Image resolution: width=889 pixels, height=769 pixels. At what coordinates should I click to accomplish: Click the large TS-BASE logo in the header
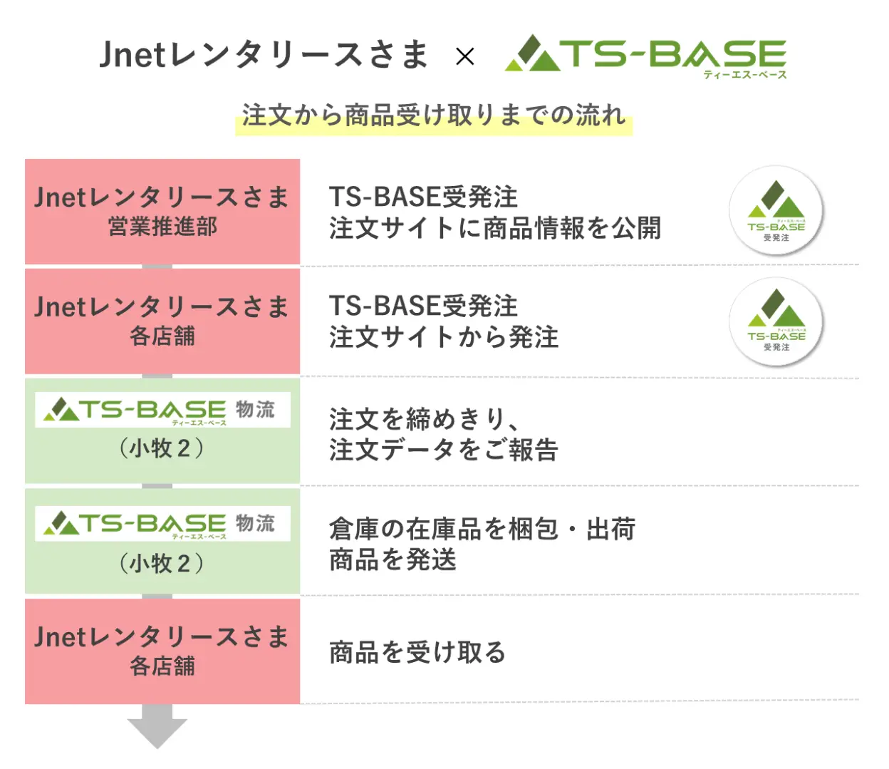point(645,56)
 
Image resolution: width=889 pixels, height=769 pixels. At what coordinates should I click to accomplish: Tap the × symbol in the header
point(464,56)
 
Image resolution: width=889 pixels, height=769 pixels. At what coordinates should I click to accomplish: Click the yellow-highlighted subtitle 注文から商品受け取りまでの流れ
point(434,116)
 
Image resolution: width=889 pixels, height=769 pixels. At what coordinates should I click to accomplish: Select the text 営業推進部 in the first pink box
point(162,227)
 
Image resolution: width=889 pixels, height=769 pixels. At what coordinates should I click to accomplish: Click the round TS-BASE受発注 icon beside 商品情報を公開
point(776,211)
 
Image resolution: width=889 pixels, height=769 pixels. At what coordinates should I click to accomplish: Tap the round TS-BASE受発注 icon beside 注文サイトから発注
point(776,321)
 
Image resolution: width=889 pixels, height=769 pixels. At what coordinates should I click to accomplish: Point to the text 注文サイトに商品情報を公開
point(495,227)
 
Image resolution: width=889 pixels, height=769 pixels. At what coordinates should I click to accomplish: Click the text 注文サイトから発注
point(443,337)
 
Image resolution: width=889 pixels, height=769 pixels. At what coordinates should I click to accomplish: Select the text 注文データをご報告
point(443,450)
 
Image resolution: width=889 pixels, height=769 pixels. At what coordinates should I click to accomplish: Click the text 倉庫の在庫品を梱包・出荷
point(482,529)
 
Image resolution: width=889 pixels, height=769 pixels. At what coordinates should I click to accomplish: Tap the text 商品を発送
point(392,560)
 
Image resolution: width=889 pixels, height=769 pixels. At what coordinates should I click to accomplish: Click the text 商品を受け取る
point(417,652)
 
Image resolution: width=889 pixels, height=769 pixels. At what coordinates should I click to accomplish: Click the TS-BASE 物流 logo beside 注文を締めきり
point(162,410)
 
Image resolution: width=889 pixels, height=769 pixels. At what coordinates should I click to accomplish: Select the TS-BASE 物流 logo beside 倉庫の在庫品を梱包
point(162,524)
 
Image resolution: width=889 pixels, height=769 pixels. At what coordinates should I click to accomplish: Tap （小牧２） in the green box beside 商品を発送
point(161,563)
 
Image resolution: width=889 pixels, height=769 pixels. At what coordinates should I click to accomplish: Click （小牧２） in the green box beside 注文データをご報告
point(161,448)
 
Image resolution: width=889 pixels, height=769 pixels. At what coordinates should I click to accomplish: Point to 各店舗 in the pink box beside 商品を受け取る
point(162,666)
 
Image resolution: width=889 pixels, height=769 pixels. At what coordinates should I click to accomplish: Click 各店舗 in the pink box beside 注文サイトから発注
point(162,336)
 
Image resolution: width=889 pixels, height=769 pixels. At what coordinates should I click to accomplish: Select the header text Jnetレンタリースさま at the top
point(264,55)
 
